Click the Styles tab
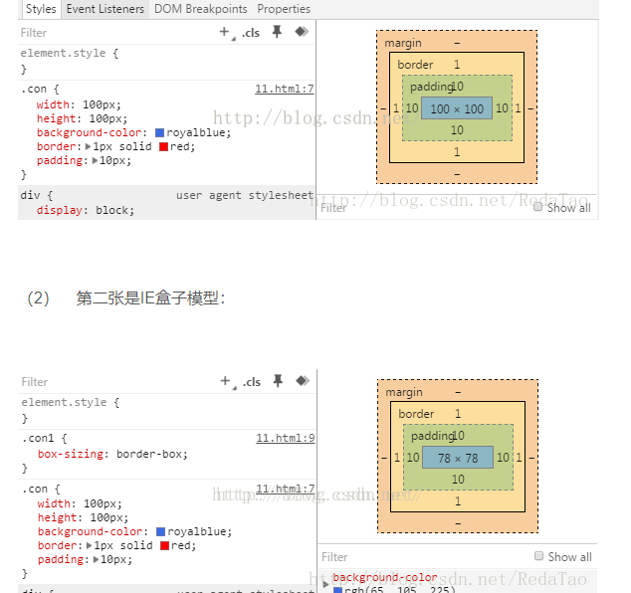(41, 9)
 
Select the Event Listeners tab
(105, 9)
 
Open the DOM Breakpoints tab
(200, 9)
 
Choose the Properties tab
(284, 9)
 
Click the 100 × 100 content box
(457, 108)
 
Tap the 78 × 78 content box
(457, 458)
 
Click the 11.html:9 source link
(285, 438)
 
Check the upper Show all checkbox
(538, 208)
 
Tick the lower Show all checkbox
(539, 557)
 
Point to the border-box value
(151, 454)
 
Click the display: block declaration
(85, 210)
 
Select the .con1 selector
(44, 438)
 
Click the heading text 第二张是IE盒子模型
(150, 297)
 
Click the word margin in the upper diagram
(403, 44)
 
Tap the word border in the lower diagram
(416, 414)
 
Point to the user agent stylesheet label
(244, 196)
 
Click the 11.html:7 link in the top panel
(285, 89)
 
